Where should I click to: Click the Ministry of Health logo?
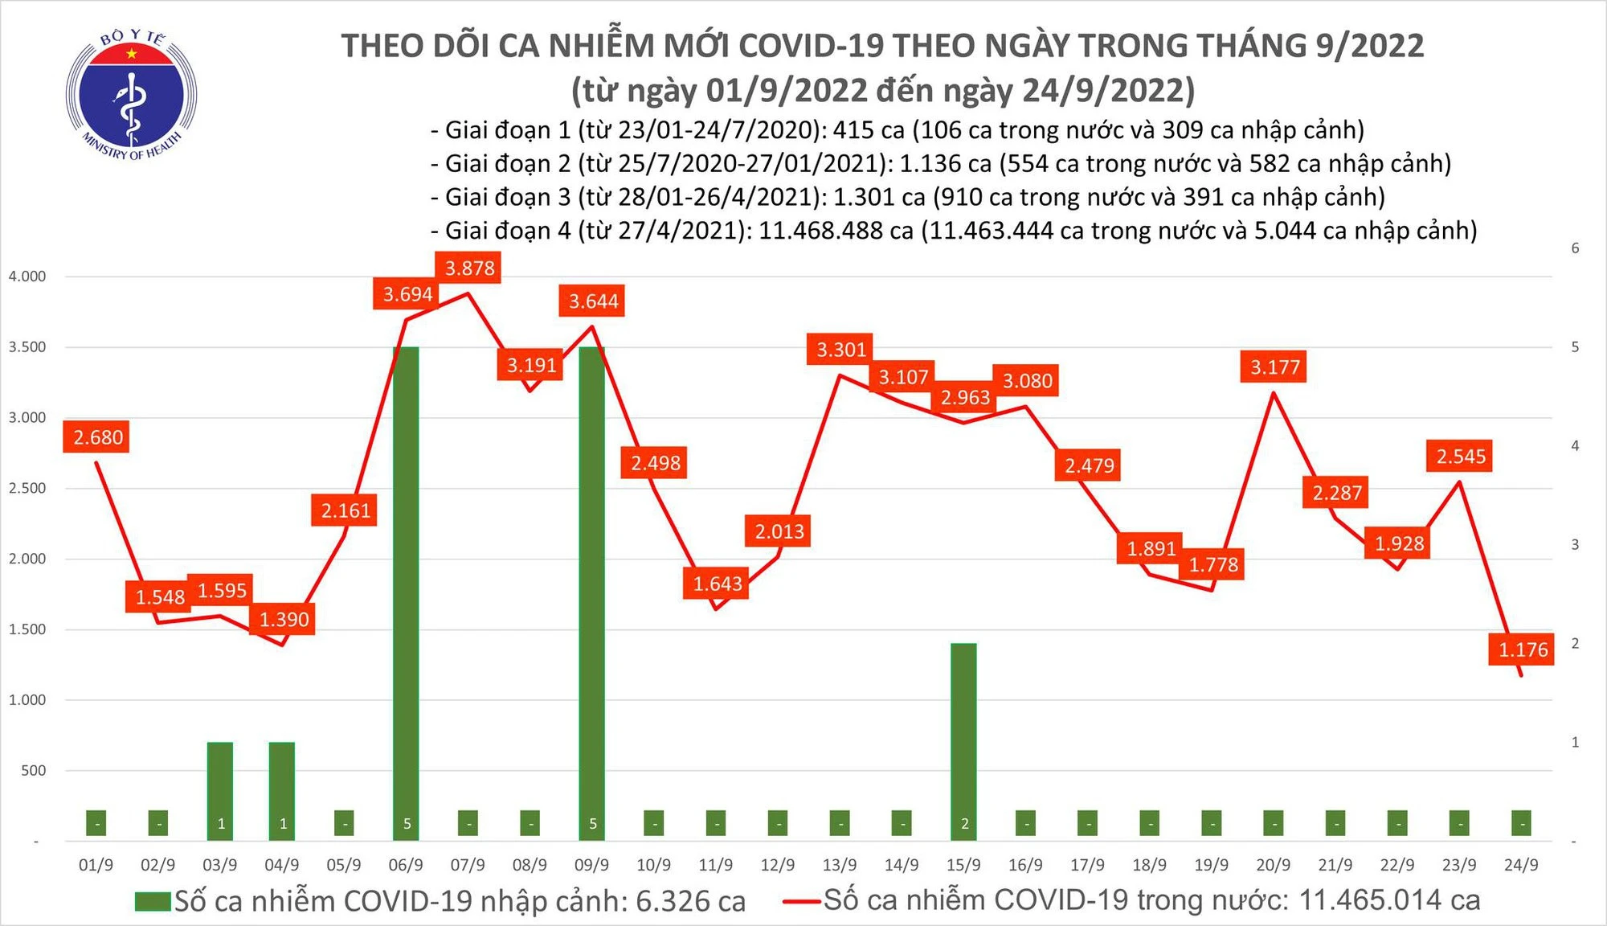[x=131, y=95]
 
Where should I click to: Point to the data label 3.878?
[x=469, y=268]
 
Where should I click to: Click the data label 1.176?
[x=1523, y=649]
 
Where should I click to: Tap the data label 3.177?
[x=1274, y=367]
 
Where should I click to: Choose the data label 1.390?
[x=284, y=620]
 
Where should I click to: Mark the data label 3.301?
[x=841, y=350]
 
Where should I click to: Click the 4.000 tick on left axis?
[x=27, y=277]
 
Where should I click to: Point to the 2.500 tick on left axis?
[x=27, y=488]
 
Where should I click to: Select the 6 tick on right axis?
[x=1575, y=248]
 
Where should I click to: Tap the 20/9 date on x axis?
[x=1273, y=865]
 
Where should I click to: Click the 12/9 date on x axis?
[x=777, y=865]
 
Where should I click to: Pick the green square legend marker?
[x=153, y=902]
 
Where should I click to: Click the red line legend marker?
[x=802, y=901]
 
